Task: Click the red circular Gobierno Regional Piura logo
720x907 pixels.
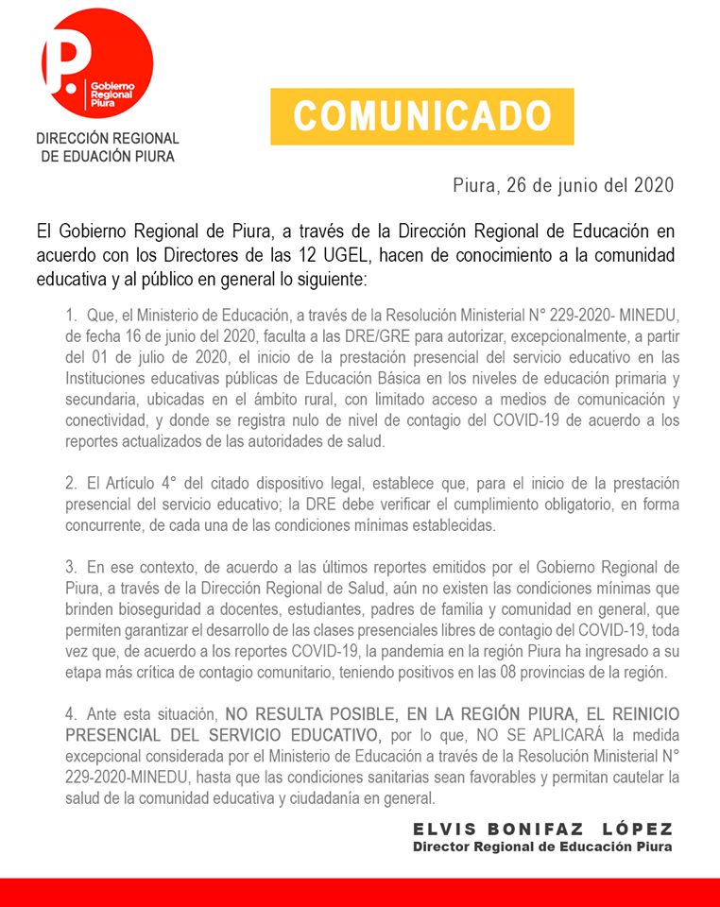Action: click(x=97, y=62)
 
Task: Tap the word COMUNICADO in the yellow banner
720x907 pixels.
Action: click(x=421, y=116)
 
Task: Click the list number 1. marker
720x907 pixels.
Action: click(x=72, y=315)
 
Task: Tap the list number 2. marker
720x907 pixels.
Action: click(x=72, y=484)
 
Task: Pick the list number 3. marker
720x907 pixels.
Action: click(x=72, y=568)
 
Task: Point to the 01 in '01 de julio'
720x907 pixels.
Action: click(x=103, y=357)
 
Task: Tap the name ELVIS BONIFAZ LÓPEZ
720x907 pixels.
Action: click(x=542, y=829)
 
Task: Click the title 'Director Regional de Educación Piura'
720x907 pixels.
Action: click(x=542, y=847)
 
